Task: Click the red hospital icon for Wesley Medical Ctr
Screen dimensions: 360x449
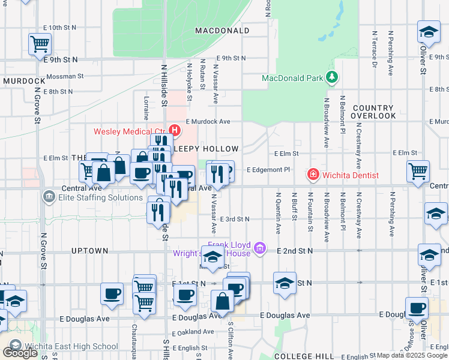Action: (175, 130)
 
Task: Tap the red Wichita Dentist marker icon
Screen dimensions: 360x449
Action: (313, 175)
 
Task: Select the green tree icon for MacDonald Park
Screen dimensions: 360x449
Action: (330, 77)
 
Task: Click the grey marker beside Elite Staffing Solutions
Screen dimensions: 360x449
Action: (48, 197)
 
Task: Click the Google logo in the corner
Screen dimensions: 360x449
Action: (20, 353)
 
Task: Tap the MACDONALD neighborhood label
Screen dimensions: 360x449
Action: (222, 31)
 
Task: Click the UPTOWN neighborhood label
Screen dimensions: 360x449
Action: (89, 250)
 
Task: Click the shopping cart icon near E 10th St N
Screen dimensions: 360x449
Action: (40, 43)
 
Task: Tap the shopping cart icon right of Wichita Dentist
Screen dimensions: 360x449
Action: (418, 171)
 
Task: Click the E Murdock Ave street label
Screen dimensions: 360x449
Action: (208, 121)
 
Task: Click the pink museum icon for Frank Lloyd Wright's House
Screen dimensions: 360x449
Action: (260, 247)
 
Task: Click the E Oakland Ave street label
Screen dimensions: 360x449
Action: (194, 332)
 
